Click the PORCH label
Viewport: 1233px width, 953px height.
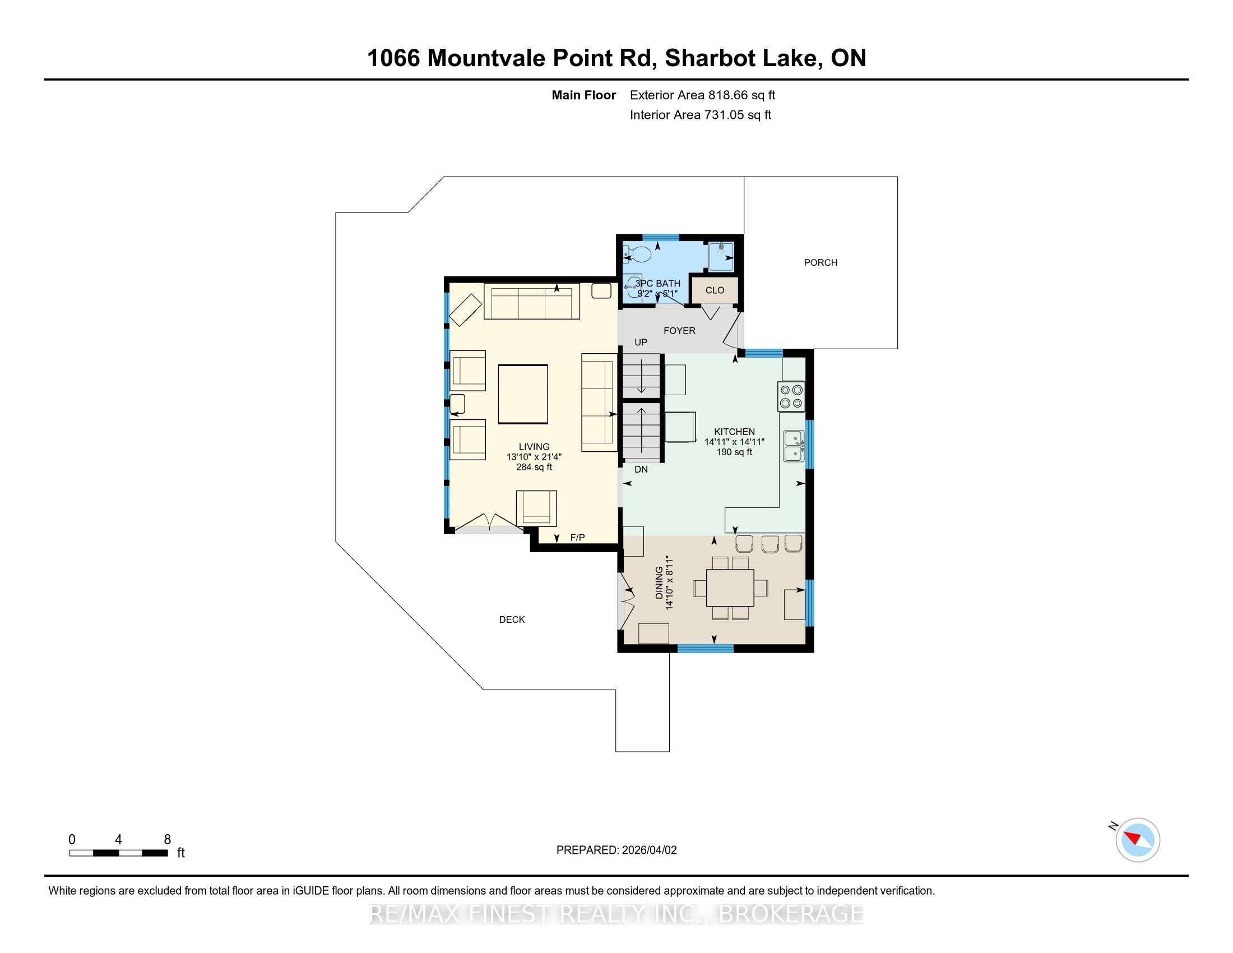point(821,262)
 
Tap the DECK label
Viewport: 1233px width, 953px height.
point(512,619)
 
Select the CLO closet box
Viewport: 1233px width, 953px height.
point(715,290)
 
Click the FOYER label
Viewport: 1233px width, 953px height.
point(679,331)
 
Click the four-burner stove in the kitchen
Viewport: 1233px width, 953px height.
point(791,396)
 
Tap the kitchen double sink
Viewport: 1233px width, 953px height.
point(794,446)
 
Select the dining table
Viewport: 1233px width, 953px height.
point(730,587)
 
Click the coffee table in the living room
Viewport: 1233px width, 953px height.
point(523,394)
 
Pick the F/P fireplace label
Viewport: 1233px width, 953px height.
point(577,538)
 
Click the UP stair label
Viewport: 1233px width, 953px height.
point(641,342)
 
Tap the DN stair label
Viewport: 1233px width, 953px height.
point(641,469)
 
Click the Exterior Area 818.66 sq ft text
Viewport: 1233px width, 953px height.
point(702,95)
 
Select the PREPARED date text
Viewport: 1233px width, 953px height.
point(616,850)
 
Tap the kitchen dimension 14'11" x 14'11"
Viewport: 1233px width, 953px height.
point(734,442)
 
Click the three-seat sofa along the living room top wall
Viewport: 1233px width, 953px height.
point(532,302)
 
